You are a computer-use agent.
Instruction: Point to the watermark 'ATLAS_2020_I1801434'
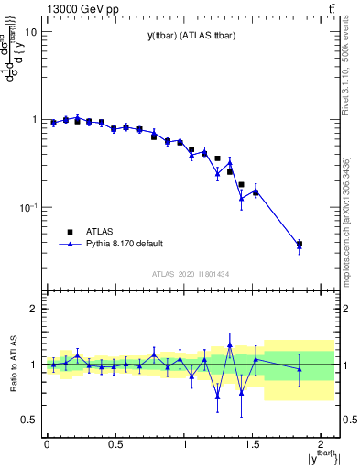(191, 274)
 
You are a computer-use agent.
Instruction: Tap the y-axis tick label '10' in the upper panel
(30, 32)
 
